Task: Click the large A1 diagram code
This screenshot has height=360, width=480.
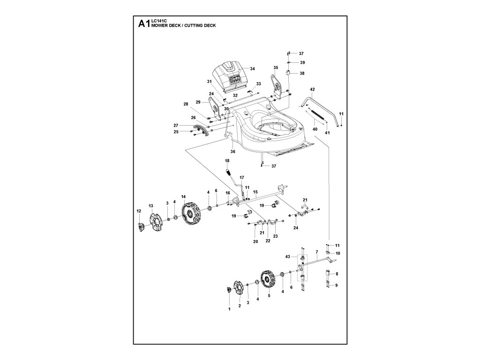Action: (143, 24)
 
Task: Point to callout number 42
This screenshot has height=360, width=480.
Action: (312, 89)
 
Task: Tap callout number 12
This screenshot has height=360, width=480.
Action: (138, 211)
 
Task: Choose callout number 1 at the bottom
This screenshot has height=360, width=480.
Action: (229, 309)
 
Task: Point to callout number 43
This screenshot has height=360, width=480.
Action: (288, 257)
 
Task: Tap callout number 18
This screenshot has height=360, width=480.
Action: (227, 161)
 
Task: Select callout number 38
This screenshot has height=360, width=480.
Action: (302, 74)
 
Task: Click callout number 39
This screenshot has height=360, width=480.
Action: (302, 62)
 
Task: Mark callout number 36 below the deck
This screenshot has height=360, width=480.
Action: (232, 151)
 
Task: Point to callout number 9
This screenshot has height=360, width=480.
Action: (336, 285)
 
